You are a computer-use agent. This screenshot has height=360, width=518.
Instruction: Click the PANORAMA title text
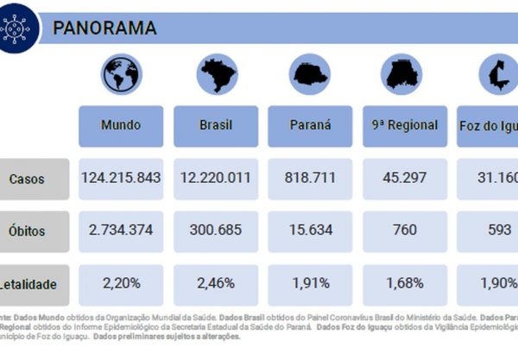point(104,28)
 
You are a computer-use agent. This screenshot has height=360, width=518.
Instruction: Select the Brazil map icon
point(215,75)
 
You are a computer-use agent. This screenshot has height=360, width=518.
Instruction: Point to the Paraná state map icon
point(309,75)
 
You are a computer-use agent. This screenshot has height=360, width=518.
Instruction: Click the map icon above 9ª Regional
point(404,75)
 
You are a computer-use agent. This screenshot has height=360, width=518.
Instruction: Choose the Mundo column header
point(120,125)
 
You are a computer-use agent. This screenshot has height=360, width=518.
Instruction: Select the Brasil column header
point(215,125)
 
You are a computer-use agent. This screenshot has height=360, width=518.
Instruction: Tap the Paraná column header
point(309,125)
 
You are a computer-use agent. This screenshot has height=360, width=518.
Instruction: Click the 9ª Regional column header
point(404,125)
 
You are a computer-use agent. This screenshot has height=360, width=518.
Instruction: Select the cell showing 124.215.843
point(120,179)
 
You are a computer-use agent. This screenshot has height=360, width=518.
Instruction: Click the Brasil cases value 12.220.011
point(215,179)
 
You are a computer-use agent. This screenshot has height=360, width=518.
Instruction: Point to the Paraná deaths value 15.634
point(309,231)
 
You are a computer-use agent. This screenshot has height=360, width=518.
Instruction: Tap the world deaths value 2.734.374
point(120,231)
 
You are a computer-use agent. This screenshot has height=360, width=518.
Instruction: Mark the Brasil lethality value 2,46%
point(215,282)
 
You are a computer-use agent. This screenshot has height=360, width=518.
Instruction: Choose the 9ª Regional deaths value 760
point(404,231)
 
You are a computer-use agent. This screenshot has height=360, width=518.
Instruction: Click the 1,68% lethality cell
point(404,282)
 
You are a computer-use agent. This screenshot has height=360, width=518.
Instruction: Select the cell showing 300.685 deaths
point(215,231)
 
